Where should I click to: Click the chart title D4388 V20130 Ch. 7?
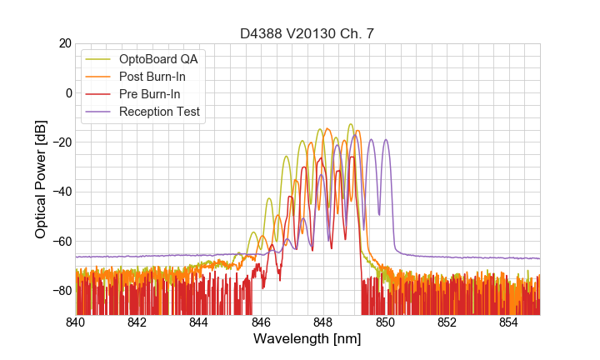(x=307, y=33)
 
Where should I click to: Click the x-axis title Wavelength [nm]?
(x=307, y=339)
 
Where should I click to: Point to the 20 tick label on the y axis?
(x=64, y=43)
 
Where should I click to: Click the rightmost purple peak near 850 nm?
(x=386, y=140)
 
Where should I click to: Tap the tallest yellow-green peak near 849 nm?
(x=351, y=124)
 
